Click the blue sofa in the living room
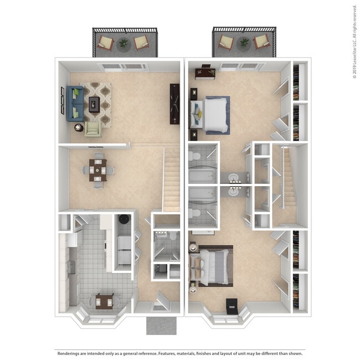74,104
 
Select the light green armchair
92,129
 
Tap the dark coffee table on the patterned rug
94,102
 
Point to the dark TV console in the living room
174,104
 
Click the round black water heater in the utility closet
125,219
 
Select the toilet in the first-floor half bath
172,236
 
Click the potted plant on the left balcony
123,42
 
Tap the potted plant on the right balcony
244,42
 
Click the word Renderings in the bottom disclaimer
72,353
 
